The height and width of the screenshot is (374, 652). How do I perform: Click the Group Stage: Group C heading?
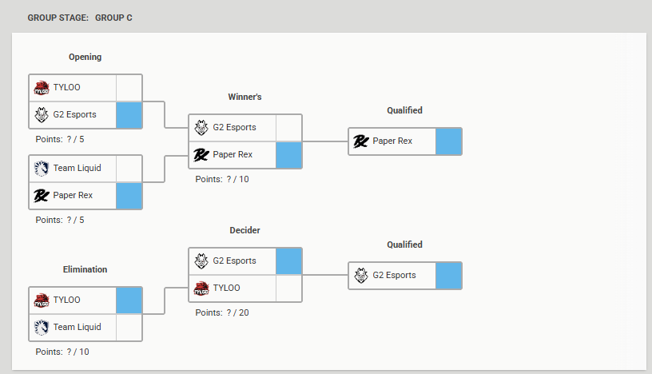(x=80, y=18)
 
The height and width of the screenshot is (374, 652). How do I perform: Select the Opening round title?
(x=85, y=57)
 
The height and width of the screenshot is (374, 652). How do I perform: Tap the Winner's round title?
(x=245, y=97)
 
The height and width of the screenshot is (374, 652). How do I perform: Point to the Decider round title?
(x=245, y=230)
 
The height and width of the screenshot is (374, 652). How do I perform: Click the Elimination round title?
(x=85, y=269)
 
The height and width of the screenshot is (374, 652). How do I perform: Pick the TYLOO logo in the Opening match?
(x=42, y=88)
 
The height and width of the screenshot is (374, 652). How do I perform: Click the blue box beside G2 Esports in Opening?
(x=129, y=115)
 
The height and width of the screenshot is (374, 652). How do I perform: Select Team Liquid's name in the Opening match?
(x=78, y=168)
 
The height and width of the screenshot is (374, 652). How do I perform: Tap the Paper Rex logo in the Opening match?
(x=42, y=196)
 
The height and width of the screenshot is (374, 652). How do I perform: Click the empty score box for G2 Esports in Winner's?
(x=288, y=128)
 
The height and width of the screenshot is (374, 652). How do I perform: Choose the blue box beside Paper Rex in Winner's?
(x=288, y=155)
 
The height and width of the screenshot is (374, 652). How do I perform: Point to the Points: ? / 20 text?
(x=222, y=312)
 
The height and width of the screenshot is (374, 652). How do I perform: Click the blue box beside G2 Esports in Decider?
(x=288, y=261)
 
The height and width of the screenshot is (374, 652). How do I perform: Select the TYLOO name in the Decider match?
(x=227, y=288)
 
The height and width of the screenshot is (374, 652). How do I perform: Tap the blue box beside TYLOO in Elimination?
(x=129, y=300)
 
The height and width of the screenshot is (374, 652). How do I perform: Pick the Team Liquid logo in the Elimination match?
(x=42, y=328)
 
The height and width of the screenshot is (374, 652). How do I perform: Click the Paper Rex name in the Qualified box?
(x=392, y=141)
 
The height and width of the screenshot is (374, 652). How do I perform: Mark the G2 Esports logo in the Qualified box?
(x=361, y=276)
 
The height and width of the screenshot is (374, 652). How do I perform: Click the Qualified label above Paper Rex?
(x=404, y=110)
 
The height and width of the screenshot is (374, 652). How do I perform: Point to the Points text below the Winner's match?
(x=222, y=179)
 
